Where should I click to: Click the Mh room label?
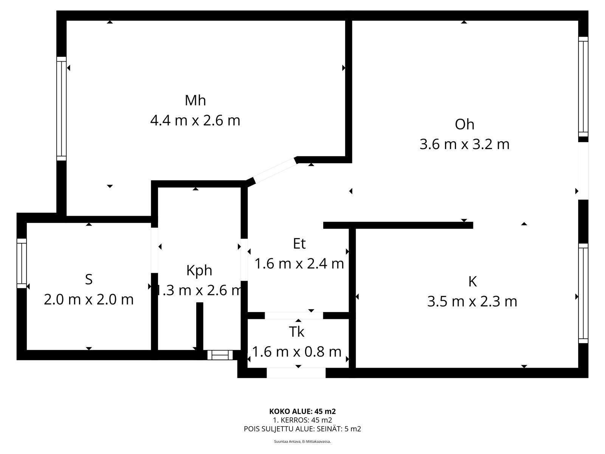(x=195, y=100)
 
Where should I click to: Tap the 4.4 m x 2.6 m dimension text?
(x=195, y=120)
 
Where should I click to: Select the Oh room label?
(x=464, y=124)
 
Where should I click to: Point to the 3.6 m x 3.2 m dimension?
(x=464, y=145)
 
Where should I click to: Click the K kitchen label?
(x=472, y=281)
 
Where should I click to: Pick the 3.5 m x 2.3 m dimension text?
(x=472, y=302)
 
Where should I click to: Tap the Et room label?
(x=299, y=244)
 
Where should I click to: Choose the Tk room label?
(x=296, y=332)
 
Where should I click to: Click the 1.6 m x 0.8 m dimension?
(x=297, y=352)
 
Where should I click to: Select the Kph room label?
(x=199, y=271)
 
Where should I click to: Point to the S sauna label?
(x=88, y=280)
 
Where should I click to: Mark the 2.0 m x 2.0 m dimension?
(x=88, y=300)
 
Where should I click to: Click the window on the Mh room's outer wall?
(x=62, y=109)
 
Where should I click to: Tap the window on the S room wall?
(x=22, y=263)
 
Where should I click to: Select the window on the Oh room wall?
(x=583, y=87)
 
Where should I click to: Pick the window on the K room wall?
(x=583, y=293)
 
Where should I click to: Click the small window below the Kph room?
(x=220, y=355)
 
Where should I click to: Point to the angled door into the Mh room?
(x=275, y=171)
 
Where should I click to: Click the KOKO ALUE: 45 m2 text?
(x=302, y=412)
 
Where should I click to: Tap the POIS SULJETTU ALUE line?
(x=302, y=429)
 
